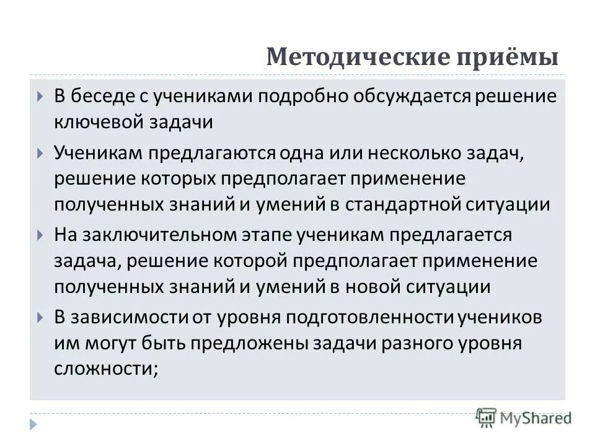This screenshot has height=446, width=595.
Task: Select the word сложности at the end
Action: point(106,369)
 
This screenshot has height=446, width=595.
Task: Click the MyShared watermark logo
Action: point(523,417)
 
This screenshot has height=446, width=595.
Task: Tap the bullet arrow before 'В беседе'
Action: point(40,97)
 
